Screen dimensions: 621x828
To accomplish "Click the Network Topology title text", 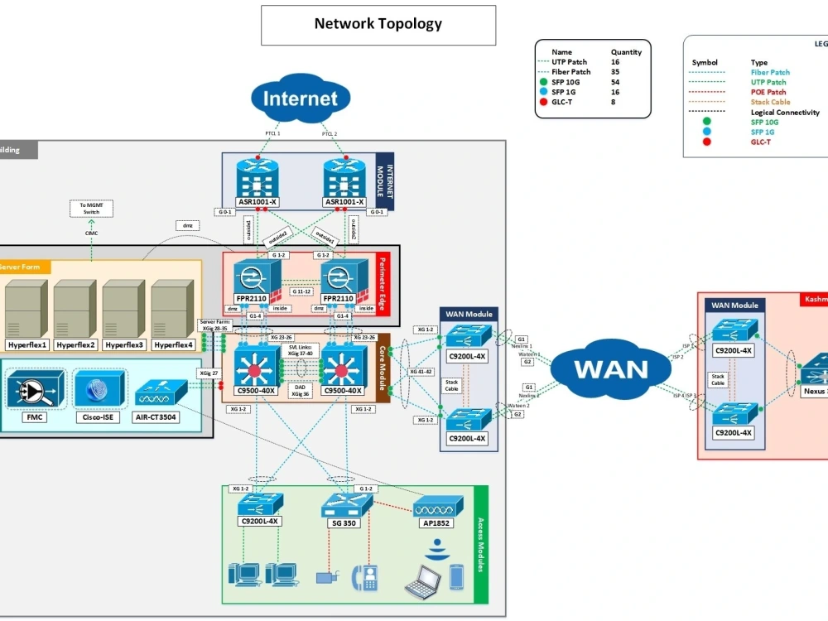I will [378, 23].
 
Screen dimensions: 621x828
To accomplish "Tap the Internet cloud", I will [301, 99].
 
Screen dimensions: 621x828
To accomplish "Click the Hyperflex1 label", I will [27, 344].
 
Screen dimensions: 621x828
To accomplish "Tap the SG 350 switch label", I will [339, 522].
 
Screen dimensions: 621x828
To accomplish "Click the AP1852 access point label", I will [435, 522].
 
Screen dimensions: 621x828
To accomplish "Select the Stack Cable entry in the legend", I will [770, 102].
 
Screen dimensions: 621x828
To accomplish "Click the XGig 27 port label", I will [209, 373].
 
